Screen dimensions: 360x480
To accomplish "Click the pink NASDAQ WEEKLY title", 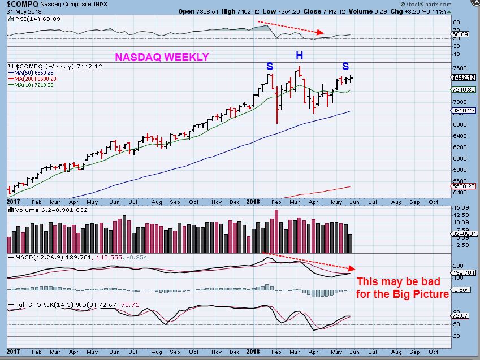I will [x=162, y=57].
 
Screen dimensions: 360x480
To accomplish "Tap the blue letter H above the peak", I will [x=299, y=55].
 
